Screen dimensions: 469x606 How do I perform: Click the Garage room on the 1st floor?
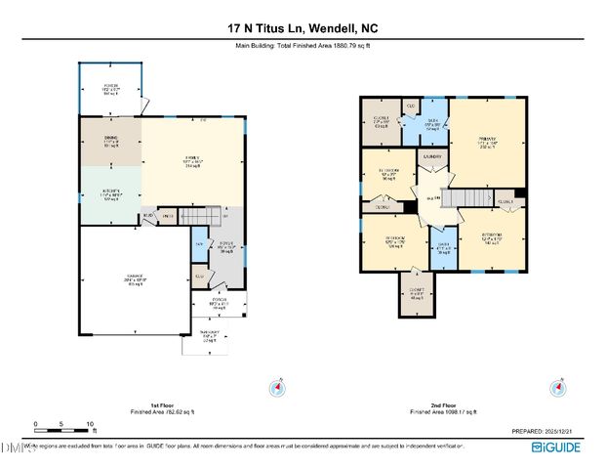pyautogui.click(x=135, y=280)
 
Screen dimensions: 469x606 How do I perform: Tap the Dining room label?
pyautogui.click(x=110, y=142)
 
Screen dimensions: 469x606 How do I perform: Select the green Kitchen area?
pyautogui.click(x=110, y=195)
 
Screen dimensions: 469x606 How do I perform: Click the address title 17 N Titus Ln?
pyautogui.click(x=303, y=28)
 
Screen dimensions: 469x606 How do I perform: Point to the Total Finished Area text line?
pyautogui.click(x=303, y=46)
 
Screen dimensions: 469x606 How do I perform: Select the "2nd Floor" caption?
pyautogui.click(x=443, y=405)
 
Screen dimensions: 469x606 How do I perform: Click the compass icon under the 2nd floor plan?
pyautogui.click(x=558, y=389)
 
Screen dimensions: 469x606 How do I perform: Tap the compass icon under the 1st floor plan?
pyautogui.click(x=279, y=389)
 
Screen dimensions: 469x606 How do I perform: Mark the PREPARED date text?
pyautogui.click(x=547, y=431)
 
